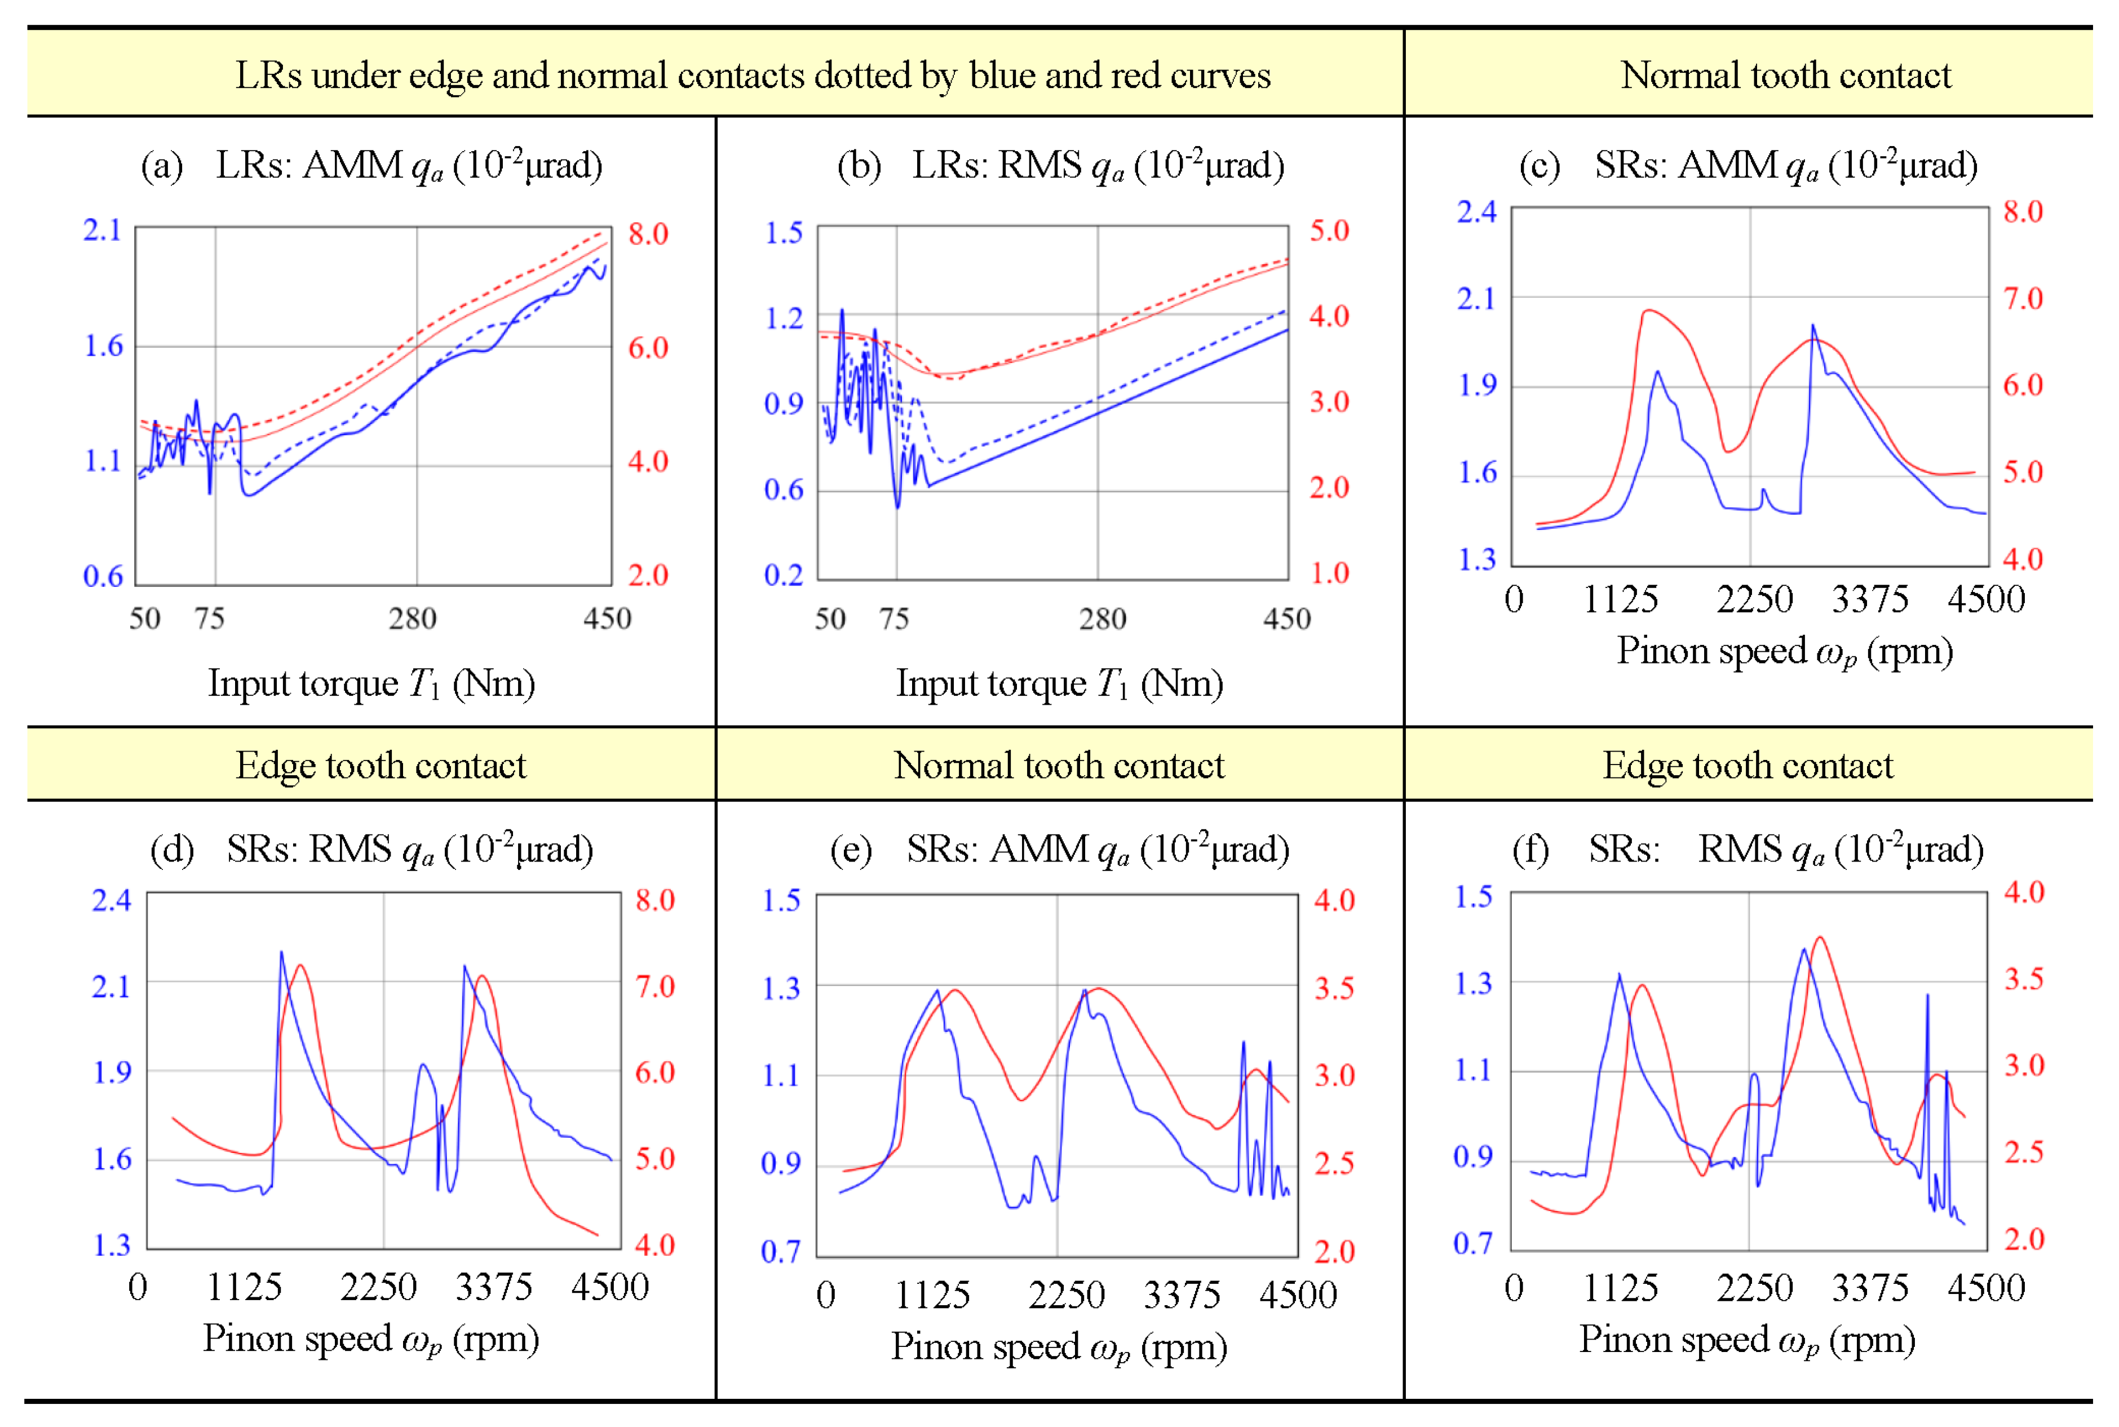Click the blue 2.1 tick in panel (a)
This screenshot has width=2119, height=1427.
(x=102, y=230)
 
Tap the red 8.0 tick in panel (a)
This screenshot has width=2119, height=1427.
(x=648, y=234)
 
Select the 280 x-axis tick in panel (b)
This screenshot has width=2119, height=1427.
(x=1102, y=620)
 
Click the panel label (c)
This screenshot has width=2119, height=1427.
(x=1540, y=166)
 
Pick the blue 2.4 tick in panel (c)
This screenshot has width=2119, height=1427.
(x=1476, y=212)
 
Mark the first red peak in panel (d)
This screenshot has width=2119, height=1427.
(x=300, y=966)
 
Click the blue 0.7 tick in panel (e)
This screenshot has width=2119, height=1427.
(x=780, y=1251)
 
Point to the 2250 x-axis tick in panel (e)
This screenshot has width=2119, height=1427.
(x=1067, y=1295)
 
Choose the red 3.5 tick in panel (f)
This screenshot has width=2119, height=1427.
(x=2024, y=979)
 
